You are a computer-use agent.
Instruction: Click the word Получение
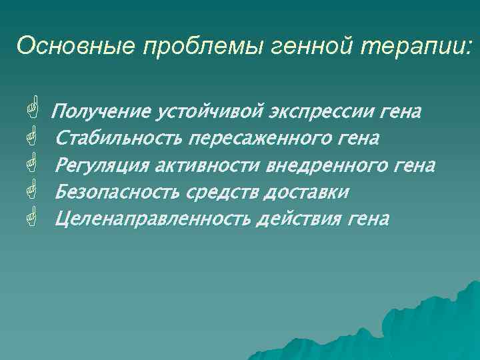99,111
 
